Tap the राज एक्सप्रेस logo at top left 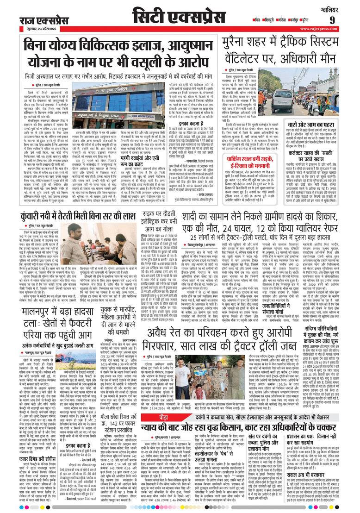(x=37, y=20)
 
